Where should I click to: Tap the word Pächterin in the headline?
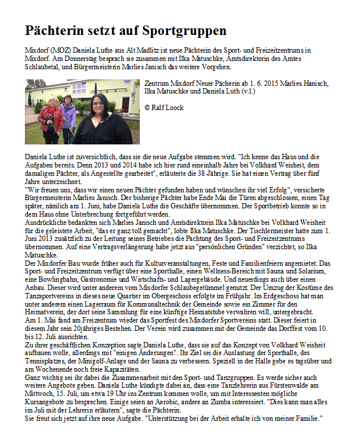[53, 30]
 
